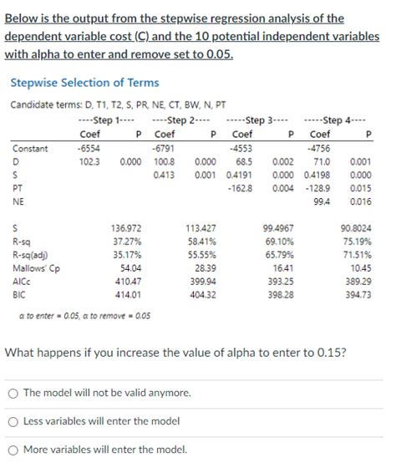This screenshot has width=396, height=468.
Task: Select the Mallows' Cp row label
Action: [x=33, y=267]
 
